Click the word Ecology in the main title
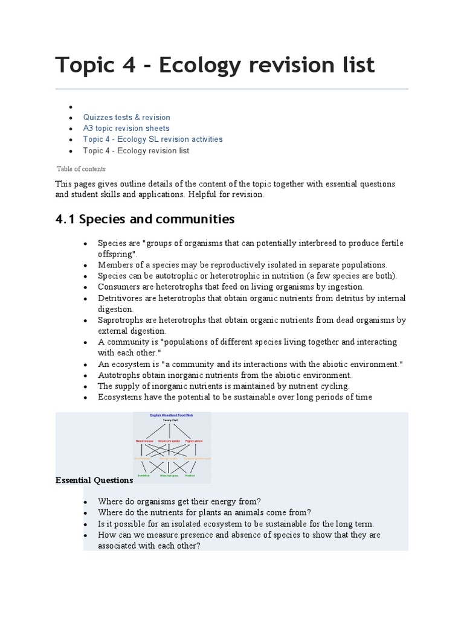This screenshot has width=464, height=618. tap(202, 65)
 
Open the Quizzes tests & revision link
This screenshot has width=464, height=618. tap(127, 117)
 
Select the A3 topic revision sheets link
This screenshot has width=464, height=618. tap(126, 128)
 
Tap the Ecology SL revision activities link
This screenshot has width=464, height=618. tap(153, 139)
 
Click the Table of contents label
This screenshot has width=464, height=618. tap(81, 169)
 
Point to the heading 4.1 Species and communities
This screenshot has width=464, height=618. tap(144, 218)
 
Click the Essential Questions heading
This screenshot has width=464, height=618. tap(94, 480)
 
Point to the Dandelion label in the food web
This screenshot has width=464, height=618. tap(143, 476)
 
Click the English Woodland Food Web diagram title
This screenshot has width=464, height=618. tap(172, 416)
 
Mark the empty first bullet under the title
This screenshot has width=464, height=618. tap(71, 107)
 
